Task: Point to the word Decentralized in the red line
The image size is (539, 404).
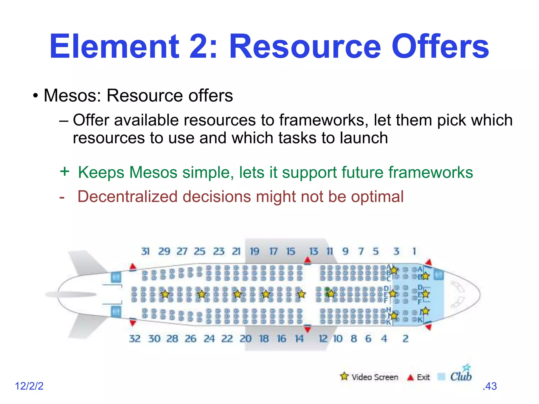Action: [127, 197]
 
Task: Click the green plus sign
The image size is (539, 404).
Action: [64, 171]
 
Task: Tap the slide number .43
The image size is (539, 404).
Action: [490, 386]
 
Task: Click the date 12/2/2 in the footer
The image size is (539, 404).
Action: [29, 386]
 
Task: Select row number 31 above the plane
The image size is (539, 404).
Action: [145, 251]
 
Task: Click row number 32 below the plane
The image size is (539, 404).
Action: [135, 339]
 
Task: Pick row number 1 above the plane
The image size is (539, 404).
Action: [414, 251]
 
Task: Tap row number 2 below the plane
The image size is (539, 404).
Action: [406, 339]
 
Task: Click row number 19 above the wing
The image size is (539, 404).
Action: [254, 251]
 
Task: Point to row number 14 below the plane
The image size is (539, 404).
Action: [299, 339]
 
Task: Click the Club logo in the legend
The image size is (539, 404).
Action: [461, 375]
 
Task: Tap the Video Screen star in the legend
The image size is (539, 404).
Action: [344, 376]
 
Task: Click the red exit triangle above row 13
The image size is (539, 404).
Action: [307, 260]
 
